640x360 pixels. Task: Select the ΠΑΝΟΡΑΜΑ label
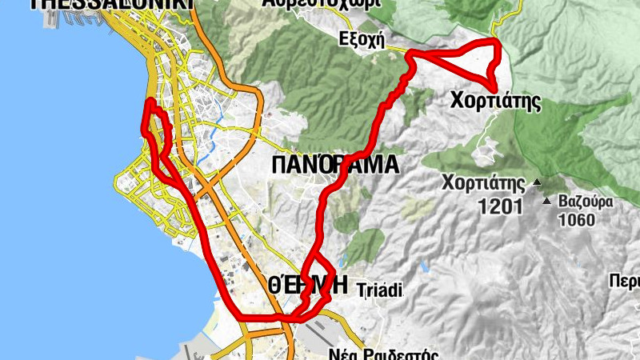tap(334, 166)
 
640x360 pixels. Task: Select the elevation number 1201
tap(500, 207)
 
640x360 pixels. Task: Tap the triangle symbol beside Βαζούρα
tap(547, 202)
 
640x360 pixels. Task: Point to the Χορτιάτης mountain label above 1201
tap(486, 182)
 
